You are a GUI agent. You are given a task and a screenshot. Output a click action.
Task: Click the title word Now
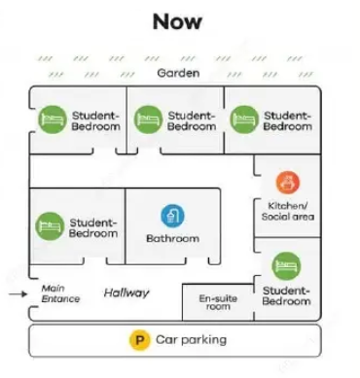[x=177, y=21]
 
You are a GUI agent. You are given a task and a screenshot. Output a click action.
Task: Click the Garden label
[x=179, y=73]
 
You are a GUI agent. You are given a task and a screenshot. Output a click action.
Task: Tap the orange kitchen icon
[x=287, y=182]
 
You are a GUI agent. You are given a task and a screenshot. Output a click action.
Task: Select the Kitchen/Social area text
[x=287, y=211]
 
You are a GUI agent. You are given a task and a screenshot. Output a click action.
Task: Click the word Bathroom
[x=172, y=238]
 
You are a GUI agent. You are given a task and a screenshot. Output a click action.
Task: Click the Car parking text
[x=191, y=340]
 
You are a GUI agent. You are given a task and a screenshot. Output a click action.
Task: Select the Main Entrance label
[x=61, y=292]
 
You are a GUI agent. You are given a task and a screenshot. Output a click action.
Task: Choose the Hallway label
[x=126, y=292]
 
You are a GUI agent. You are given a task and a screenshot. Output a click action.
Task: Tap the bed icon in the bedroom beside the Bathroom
[x=50, y=227]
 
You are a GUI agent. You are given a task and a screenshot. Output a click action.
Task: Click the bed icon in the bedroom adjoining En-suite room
[x=286, y=265]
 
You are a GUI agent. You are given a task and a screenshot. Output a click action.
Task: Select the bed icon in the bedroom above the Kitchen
[x=244, y=120]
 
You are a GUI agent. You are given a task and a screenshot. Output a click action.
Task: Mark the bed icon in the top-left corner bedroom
[x=51, y=120]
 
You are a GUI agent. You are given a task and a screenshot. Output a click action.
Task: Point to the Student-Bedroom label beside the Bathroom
[x=93, y=227]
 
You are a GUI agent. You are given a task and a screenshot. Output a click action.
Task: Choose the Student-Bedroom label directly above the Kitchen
[x=288, y=120]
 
